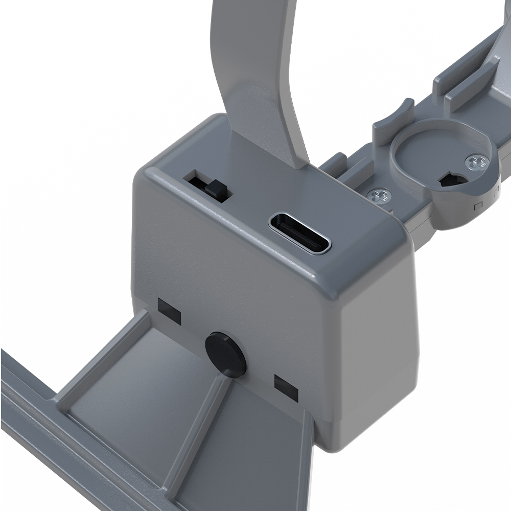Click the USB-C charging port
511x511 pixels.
point(300,233)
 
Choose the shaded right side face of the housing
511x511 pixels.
point(378,327)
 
